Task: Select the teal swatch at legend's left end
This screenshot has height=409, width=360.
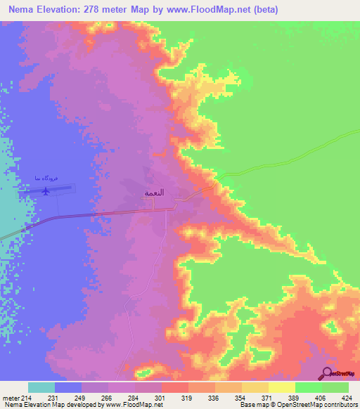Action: click(x=41, y=387)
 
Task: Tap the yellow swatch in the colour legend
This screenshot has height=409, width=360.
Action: click(x=281, y=387)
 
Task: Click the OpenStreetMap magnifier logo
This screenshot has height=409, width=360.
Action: click(x=327, y=373)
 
